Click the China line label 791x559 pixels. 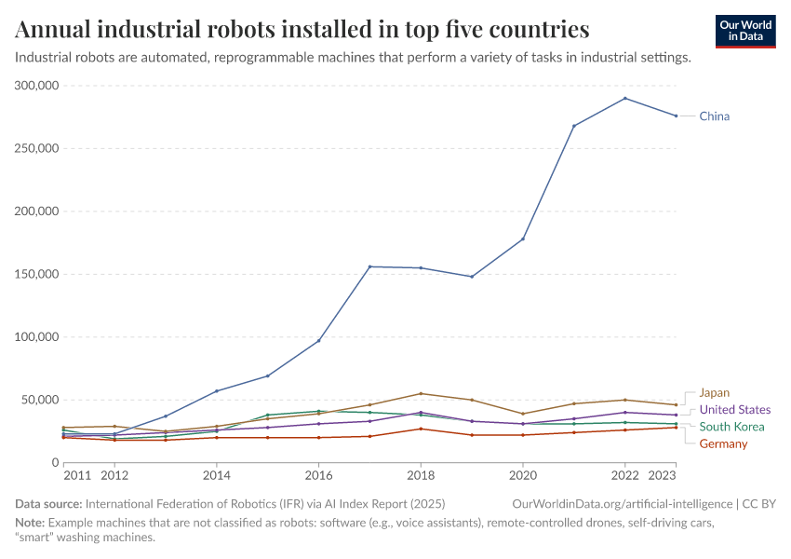pyautogui.click(x=715, y=116)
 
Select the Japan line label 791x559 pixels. pyautogui.click(x=715, y=393)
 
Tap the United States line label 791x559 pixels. pyautogui.click(x=734, y=410)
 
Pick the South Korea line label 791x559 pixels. pyautogui.click(x=732, y=427)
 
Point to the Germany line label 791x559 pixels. pyautogui.click(x=723, y=443)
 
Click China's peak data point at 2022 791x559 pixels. pyautogui.click(x=625, y=98)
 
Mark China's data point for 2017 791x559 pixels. pyautogui.click(x=369, y=266)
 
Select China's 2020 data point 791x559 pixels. pyautogui.click(x=523, y=239)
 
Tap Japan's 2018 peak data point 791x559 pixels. pyautogui.click(x=421, y=393)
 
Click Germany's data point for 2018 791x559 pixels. pyautogui.click(x=421, y=429)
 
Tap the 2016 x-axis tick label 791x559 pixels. pyautogui.click(x=318, y=475)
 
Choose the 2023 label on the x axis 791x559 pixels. pyautogui.click(x=661, y=475)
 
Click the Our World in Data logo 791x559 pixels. pyautogui.click(x=745, y=31)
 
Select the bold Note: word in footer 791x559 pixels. pyautogui.click(x=31, y=523)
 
